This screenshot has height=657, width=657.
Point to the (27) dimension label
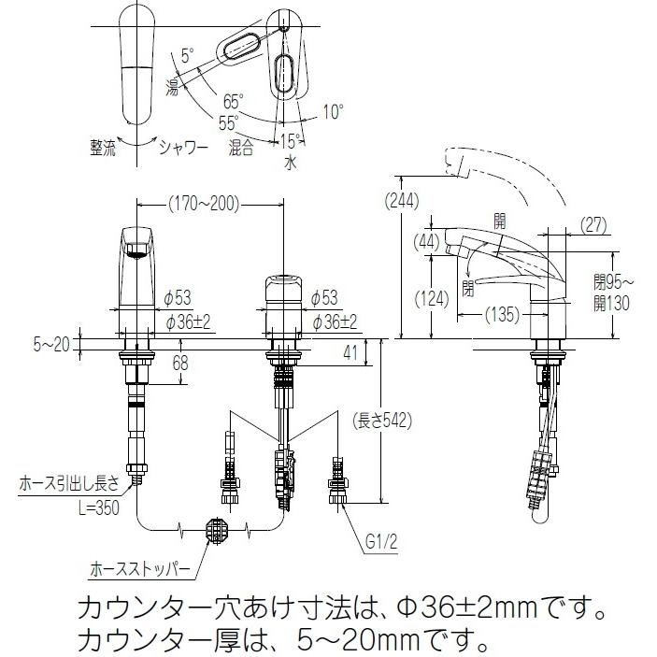[x=593, y=224]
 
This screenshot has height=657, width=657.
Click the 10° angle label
[x=334, y=111]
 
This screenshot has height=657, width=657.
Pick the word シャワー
[x=182, y=146]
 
